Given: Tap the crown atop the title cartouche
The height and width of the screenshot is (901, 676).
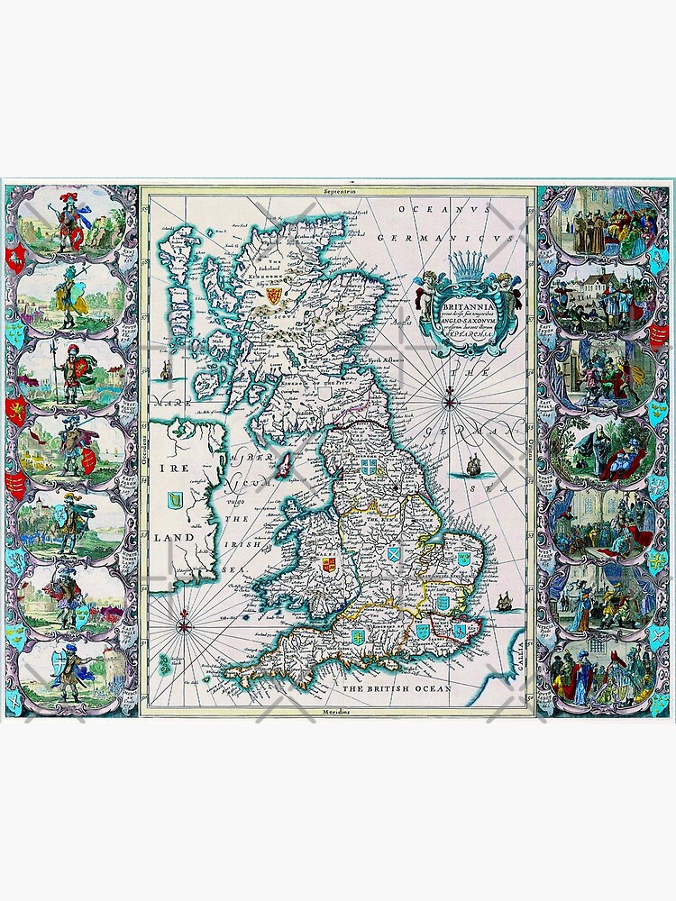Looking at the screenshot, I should click(x=466, y=268).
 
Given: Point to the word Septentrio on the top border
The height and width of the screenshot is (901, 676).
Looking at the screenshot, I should click(x=339, y=192).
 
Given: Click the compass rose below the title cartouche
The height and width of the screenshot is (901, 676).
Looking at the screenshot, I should click(x=448, y=403).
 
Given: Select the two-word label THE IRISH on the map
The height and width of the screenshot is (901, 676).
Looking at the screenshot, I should click(x=237, y=532).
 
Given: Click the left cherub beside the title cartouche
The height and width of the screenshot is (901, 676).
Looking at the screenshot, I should click(x=423, y=287).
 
